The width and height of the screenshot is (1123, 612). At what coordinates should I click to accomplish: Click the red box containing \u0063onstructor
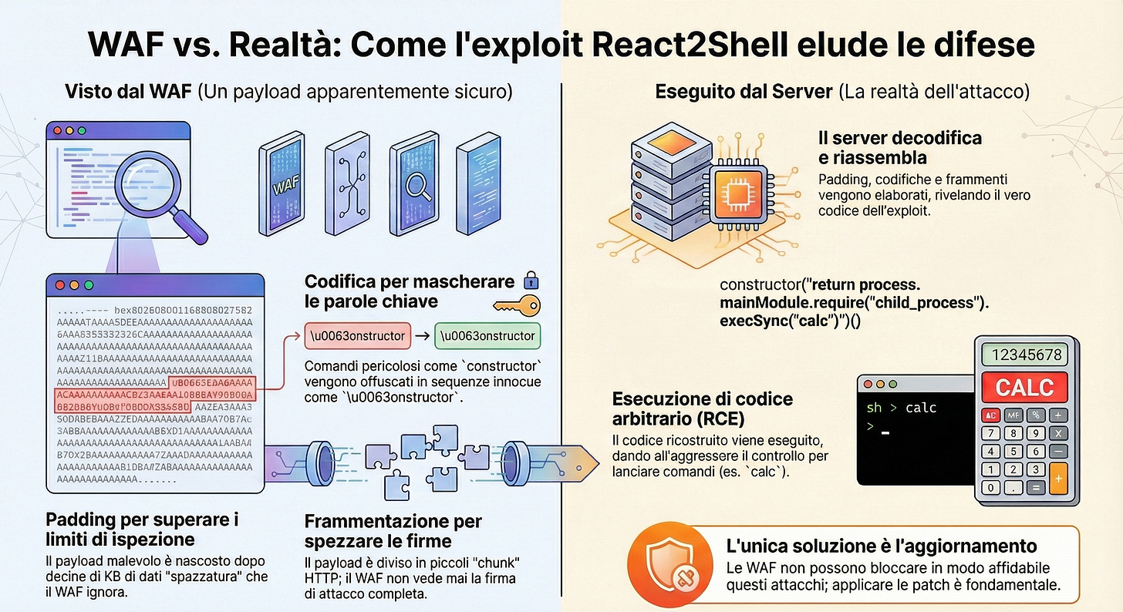357,336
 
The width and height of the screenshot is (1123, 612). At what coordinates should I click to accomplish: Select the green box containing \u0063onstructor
488,336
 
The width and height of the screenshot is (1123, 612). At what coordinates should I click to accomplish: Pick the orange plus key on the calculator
1059,478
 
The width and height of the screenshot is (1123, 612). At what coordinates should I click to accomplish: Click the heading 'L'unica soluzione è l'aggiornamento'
882,546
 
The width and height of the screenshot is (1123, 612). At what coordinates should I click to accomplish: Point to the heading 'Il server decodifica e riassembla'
899,147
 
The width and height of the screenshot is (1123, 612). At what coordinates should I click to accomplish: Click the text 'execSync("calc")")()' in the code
790,319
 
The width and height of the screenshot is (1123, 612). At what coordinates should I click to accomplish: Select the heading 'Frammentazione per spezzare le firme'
393,530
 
